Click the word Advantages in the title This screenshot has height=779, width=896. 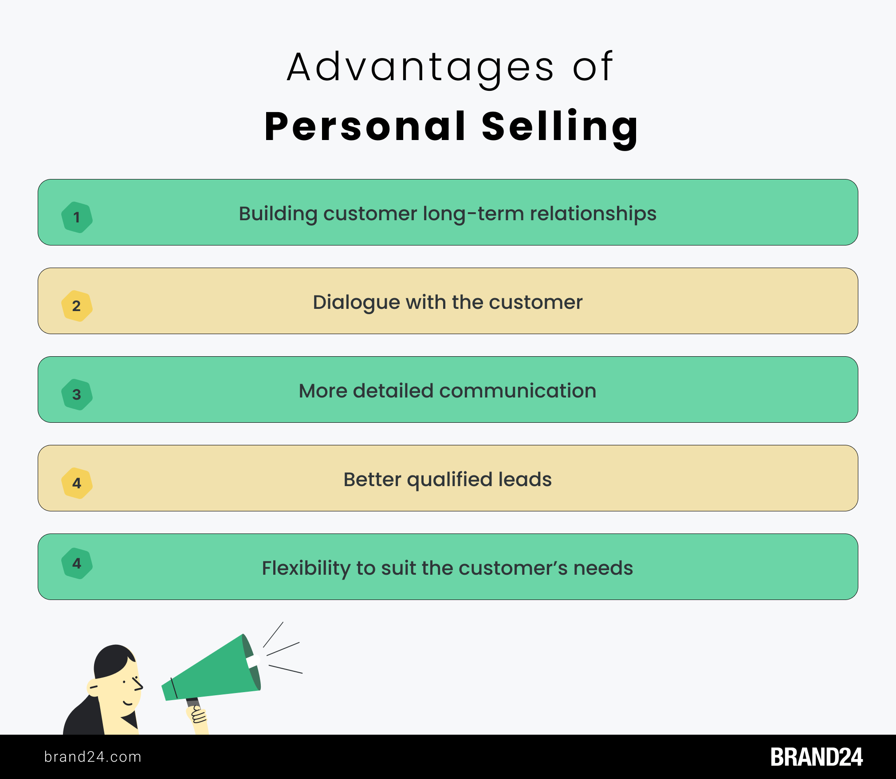click(420, 67)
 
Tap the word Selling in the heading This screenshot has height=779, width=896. click(560, 128)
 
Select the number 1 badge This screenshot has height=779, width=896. click(77, 217)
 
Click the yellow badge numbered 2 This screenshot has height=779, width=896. click(77, 306)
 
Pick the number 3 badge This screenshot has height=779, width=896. click(77, 394)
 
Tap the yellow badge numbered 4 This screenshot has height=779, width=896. click(77, 483)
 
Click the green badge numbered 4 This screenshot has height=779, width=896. click(77, 563)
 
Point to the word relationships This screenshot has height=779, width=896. click(593, 214)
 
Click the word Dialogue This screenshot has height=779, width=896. click(356, 303)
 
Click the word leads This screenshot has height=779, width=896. click(525, 479)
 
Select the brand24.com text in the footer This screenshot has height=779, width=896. click(93, 757)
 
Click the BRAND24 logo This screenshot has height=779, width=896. click(817, 757)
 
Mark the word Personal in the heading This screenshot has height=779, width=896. click(365, 127)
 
